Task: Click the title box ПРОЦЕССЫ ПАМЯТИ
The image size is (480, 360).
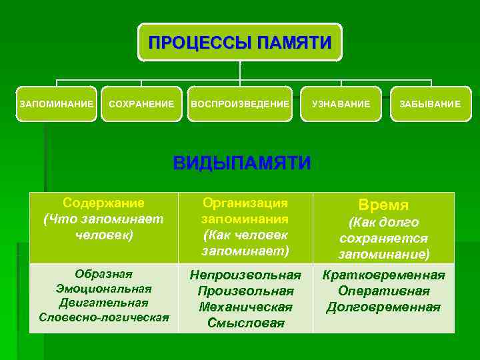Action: click(240, 43)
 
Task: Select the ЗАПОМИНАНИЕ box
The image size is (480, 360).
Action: click(57, 104)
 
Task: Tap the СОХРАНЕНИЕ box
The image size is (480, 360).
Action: click(141, 104)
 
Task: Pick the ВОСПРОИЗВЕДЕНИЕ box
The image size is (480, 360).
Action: click(240, 104)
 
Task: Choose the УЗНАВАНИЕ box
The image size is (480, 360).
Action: click(341, 104)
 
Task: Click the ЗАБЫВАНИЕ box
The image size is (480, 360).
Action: click(430, 104)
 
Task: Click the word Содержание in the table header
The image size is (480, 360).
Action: click(103, 203)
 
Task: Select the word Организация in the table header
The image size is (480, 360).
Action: click(245, 203)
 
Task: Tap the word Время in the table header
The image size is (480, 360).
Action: click(383, 205)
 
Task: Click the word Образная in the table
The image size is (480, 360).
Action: click(103, 274)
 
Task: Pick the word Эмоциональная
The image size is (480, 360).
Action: click(103, 289)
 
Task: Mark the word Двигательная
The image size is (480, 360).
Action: click(103, 303)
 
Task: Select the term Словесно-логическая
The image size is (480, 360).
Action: click(103, 317)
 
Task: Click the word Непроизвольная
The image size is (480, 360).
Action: click(245, 275)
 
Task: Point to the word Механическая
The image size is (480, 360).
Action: click(245, 307)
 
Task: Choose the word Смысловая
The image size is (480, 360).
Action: click(245, 323)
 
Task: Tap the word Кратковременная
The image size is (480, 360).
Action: click(383, 275)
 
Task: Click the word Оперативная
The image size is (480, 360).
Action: click(383, 291)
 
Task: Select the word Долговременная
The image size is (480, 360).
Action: click(383, 307)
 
